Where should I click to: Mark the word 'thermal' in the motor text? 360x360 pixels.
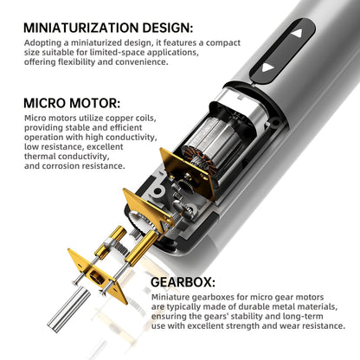pyautogui.click(x=44, y=156)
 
